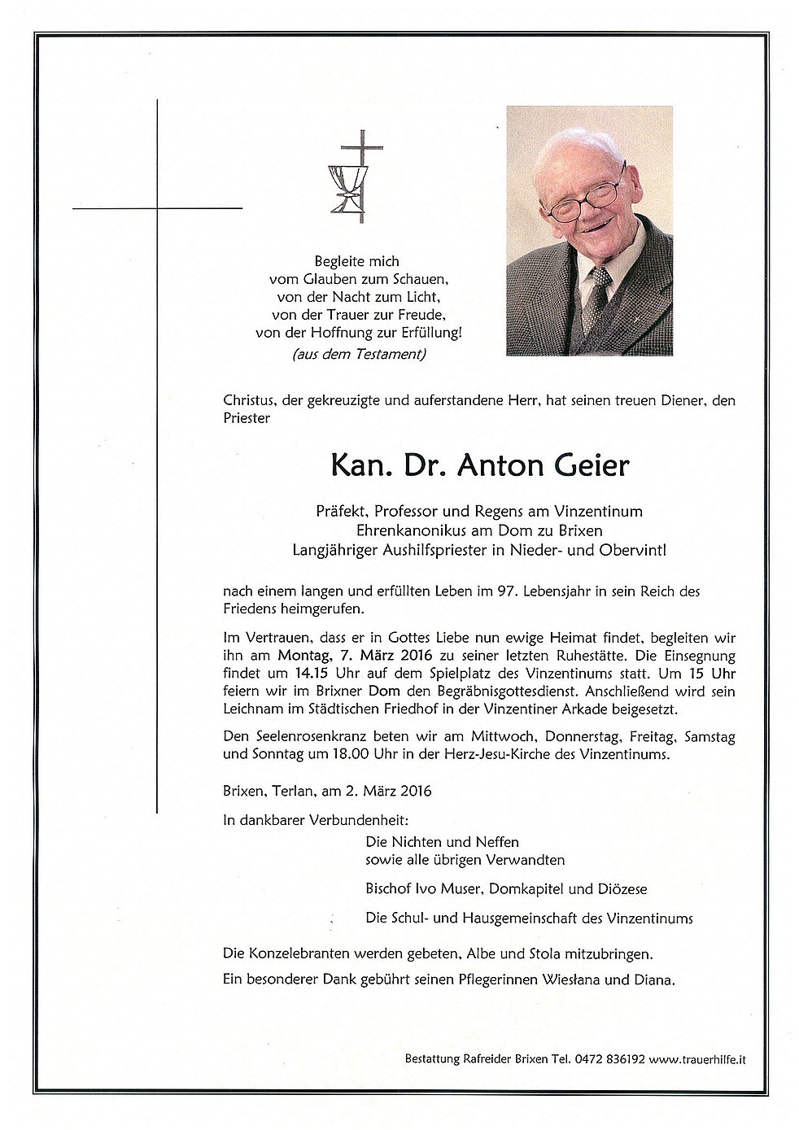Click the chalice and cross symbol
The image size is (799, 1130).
tap(347, 177)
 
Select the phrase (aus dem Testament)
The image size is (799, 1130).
tap(358, 354)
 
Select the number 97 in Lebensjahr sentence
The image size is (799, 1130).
tap(506, 591)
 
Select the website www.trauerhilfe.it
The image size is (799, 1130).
tap(697, 1059)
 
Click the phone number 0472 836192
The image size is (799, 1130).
tap(610, 1059)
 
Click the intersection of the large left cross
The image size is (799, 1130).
tap(157, 209)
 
